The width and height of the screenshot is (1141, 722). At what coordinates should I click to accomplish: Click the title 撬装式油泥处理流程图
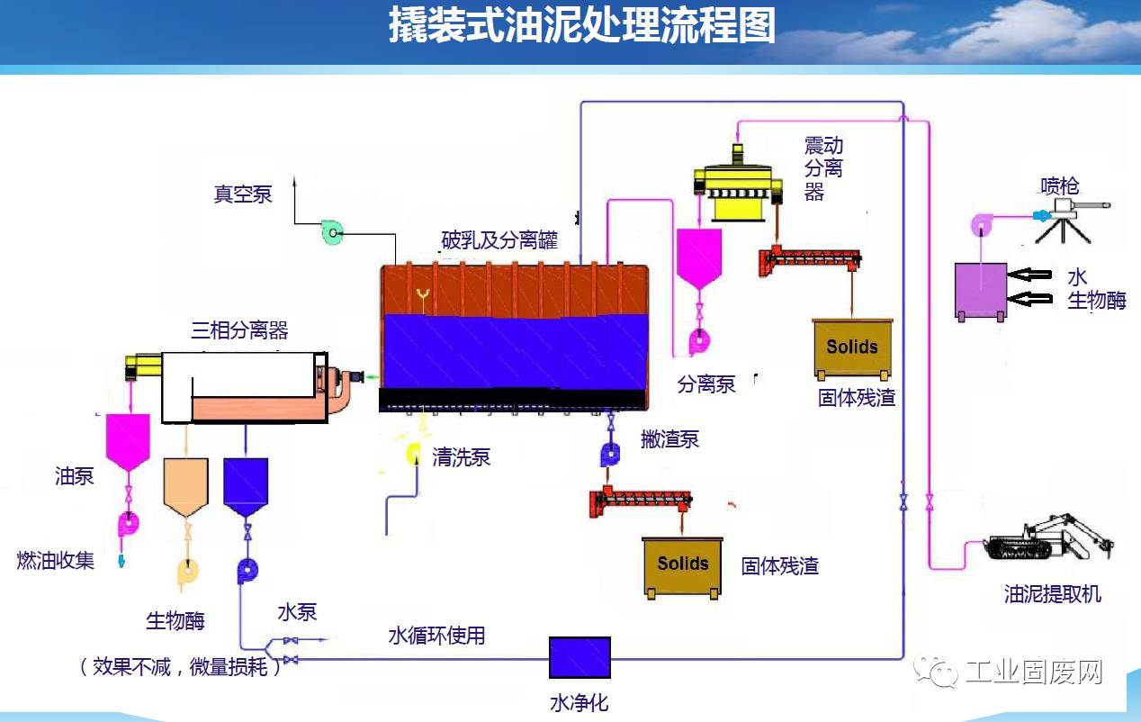click(581, 27)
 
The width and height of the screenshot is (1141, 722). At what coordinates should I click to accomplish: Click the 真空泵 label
click(242, 194)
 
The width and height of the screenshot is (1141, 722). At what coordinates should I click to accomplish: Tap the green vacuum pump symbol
click(332, 233)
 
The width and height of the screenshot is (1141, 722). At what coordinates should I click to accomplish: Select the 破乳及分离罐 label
click(499, 240)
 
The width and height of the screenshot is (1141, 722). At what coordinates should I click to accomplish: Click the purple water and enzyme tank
click(980, 290)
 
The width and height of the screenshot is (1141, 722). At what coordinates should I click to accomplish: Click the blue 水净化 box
click(579, 657)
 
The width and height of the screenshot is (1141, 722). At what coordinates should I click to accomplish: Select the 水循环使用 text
click(436, 636)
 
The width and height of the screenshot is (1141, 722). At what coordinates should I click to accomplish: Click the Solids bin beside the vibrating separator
click(851, 347)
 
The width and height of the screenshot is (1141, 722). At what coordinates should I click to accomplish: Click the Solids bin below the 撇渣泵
click(682, 565)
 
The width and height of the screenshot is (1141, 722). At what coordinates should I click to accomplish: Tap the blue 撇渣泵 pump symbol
click(611, 455)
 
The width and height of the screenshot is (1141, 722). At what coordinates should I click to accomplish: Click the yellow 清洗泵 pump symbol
click(414, 453)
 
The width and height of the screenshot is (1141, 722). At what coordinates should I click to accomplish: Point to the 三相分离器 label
click(239, 330)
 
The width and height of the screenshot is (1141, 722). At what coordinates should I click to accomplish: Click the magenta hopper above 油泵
click(127, 441)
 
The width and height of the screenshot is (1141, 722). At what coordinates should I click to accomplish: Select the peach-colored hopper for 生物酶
click(186, 485)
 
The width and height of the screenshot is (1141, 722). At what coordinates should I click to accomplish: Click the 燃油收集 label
click(56, 560)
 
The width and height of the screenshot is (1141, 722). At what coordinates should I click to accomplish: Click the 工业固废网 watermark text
click(1033, 672)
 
